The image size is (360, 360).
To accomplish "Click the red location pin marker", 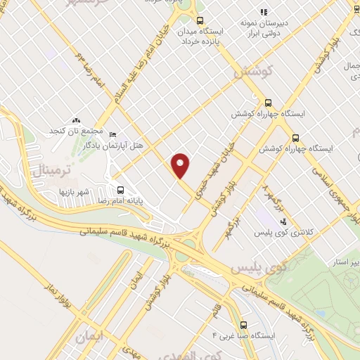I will pyautogui.click(x=181, y=165).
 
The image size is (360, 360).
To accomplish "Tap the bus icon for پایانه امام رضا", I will pyautogui.click(x=120, y=190).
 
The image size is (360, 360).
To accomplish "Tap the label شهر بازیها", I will pyautogui.click(x=72, y=191).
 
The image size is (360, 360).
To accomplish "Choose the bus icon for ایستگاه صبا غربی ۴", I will pyautogui.click(x=243, y=325).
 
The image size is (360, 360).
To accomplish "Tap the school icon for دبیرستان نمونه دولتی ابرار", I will pyautogui.click(x=264, y=11).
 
